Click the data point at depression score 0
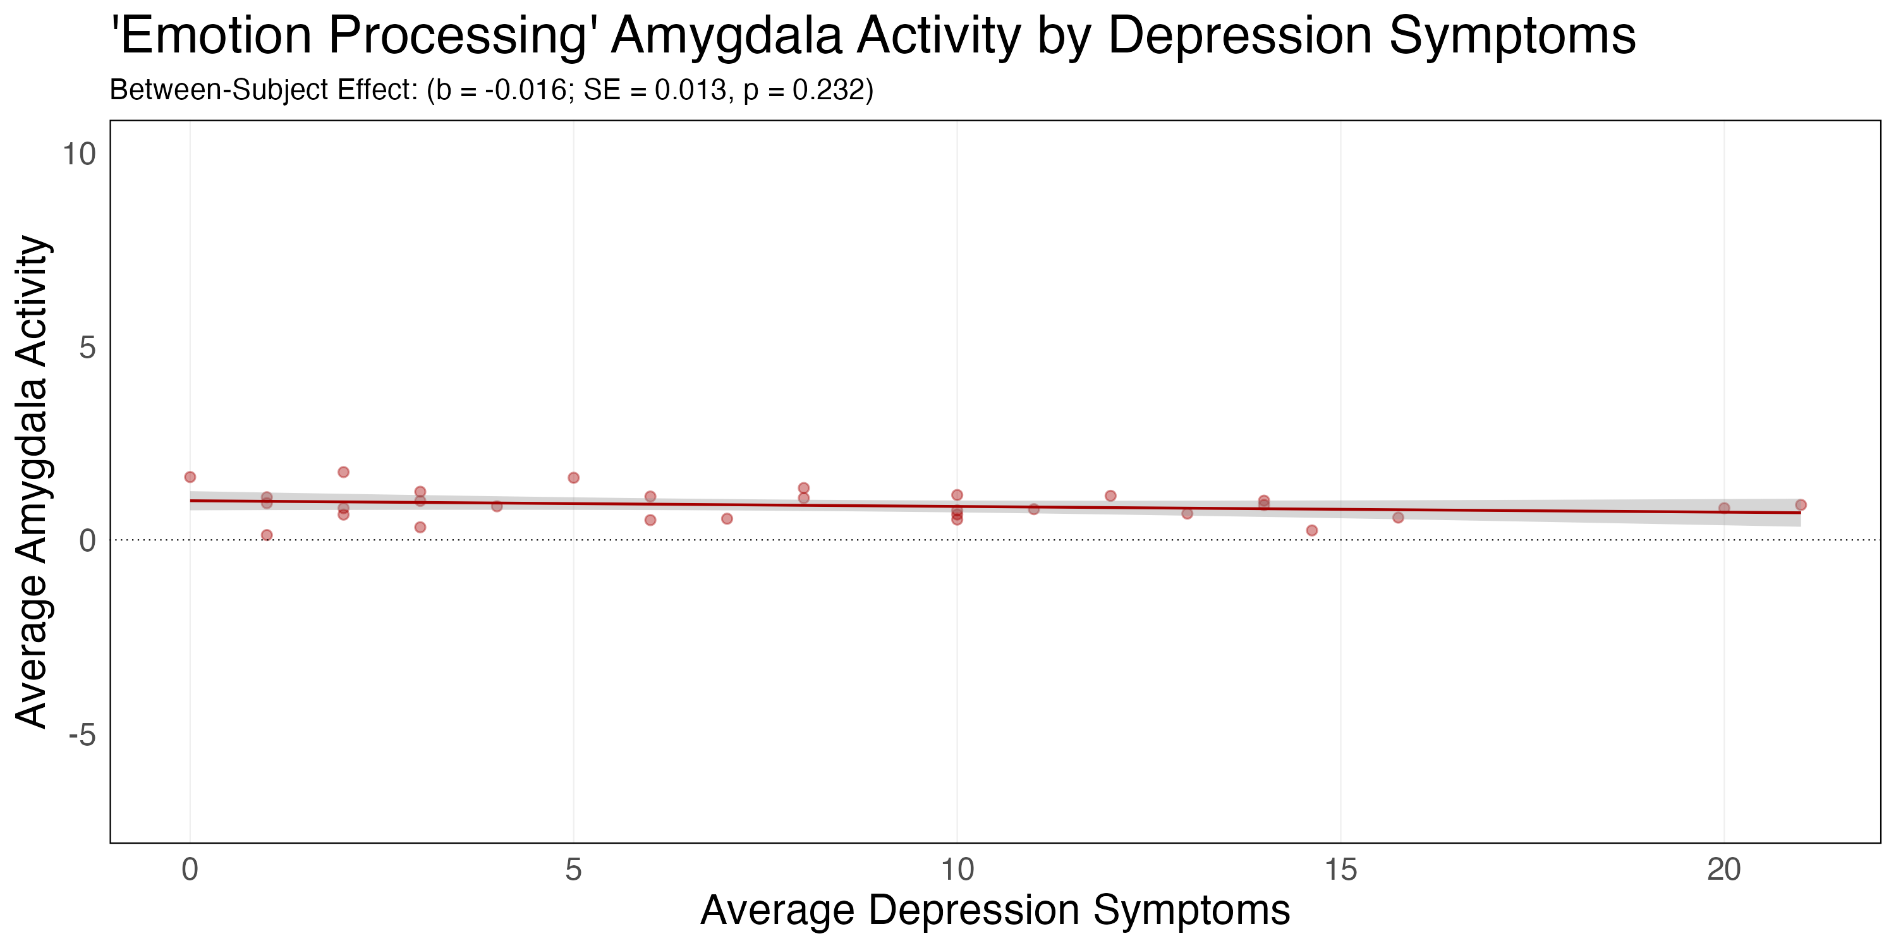[190, 477]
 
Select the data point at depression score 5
[573, 478]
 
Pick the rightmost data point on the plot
[1801, 505]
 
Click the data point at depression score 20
[1723, 508]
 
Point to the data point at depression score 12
[1110, 496]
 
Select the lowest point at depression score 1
[267, 535]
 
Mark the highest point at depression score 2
[344, 472]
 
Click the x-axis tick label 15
[1340, 871]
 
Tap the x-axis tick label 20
[1723, 871]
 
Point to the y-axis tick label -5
[82, 734]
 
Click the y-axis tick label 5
[88, 348]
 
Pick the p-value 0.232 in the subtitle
[827, 90]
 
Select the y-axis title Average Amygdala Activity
[32, 482]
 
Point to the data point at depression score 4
[497, 506]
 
